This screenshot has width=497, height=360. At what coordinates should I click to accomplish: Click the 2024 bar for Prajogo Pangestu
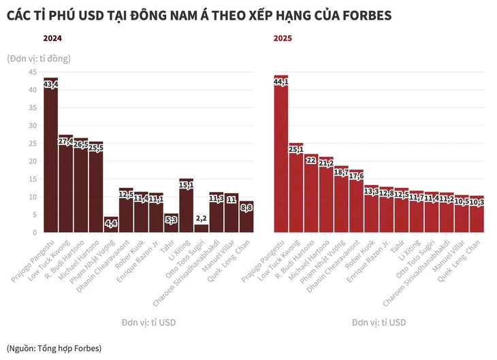(x=50, y=163)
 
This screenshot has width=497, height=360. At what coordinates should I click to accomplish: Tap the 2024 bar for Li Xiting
(x=186, y=208)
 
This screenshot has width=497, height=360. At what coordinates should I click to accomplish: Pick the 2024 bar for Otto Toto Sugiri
(x=201, y=228)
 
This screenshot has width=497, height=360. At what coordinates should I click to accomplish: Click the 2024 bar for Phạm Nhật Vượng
(x=111, y=226)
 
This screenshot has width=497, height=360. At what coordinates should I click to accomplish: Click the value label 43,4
(x=50, y=85)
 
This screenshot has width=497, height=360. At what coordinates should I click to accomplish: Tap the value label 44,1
(x=280, y=82)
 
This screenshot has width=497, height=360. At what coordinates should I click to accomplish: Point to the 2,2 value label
(x=201, y=218)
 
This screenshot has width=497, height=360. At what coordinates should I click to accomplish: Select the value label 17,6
(x=356, y=176)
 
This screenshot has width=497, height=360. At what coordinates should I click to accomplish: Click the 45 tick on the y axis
(x=32, y=72)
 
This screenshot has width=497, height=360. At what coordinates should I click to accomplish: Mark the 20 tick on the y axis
(x=32, y=161)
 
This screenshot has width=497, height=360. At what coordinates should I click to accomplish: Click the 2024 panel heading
(x=53, y=39)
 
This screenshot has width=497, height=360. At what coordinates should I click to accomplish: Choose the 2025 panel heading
(x=283, y=39)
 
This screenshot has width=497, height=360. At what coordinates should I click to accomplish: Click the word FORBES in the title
(x=362, y=14)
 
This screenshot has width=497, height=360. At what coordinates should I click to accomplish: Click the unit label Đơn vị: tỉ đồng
(x=39, y=59)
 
